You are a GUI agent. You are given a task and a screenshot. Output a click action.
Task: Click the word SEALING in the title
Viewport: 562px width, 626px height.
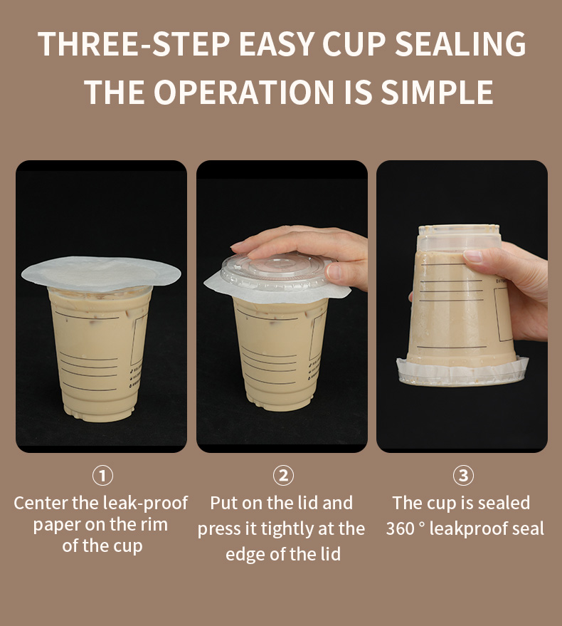coord(460,43)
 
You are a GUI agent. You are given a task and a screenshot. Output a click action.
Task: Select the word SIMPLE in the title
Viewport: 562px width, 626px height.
coord(438,92)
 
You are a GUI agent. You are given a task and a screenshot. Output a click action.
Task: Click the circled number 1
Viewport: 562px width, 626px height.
coord(102,476)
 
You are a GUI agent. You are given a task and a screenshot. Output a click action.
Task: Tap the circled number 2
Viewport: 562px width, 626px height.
coord(283,476)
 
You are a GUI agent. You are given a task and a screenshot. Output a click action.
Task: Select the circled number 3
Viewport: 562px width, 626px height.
coord(464,476)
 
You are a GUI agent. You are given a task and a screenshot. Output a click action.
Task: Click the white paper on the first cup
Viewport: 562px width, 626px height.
coord(101,273)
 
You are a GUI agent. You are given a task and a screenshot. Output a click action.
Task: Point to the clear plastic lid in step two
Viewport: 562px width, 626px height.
coord(275,271)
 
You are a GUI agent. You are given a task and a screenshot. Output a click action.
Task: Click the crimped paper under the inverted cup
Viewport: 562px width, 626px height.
coord(462,372)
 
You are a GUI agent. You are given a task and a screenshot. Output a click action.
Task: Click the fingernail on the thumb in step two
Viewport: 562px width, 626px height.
coord(333,271)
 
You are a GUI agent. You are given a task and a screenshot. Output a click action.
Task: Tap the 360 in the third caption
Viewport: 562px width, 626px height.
coord(401,528)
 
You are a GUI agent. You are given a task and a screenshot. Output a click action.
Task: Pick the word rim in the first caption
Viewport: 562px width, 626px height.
coord(156,525)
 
